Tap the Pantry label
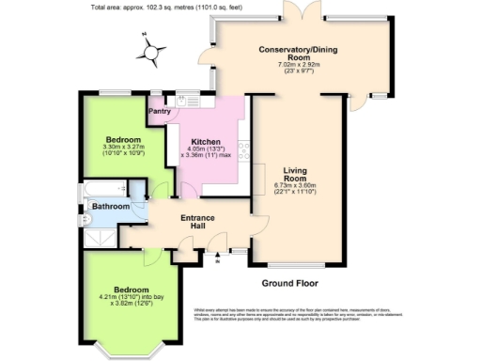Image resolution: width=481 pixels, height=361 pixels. (160, 111)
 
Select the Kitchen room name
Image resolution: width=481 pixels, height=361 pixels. (205, 143)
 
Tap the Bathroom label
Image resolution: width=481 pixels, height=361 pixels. (110, 206)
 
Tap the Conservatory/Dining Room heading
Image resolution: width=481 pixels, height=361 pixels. (299, 55)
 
